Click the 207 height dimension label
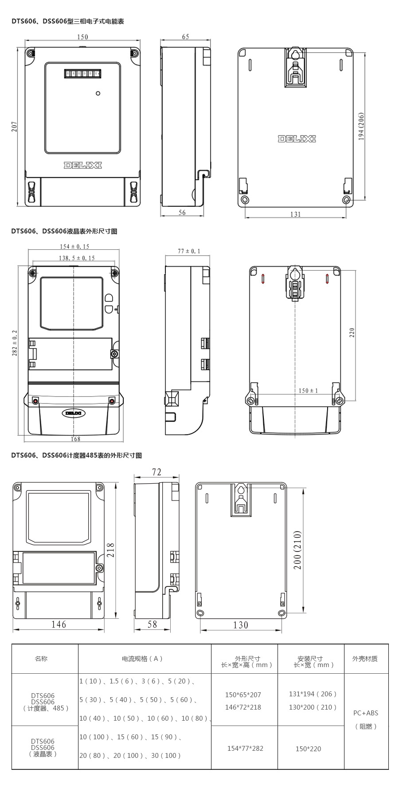pyautogui.click(x=14, y=127)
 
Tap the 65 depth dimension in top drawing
pyautogui.click(x=185, y=37)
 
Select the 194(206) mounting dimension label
pyautogui.click(x=361, y=127)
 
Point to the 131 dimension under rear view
pyautogui.click(x=295, y=214)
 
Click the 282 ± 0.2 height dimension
pyautogui.click(x=14, y=343)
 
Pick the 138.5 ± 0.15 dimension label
pyautogui.click(x=76, y=258)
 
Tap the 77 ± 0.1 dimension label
pyautogui.click(x=189, y=251)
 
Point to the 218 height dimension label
pyautogui.click(x=110, y=550)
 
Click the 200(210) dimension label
pyautogui.click(x=297, y=550)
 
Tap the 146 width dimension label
pyautogui.click(x=59, y=624)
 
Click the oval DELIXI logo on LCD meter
pyautogui.click(x=74, y=413)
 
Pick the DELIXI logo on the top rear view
pyautogui.click(x=297, y=139)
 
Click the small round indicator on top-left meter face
pyautogui.click(x=98, y=93)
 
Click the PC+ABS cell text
pyautogui.click(x=366, y=713)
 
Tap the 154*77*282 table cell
pyautogui.click(x=245, y=748)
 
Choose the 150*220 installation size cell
pyautogui.click(x=309, y=749)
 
